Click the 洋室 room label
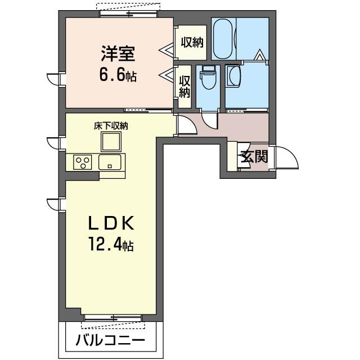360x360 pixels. point(119,55)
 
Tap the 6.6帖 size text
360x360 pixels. point(119,75)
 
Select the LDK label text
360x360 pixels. point(110,224)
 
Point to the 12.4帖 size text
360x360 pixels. point(110,246)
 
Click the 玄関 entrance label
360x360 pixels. point(254,157)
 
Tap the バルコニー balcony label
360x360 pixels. point(110,340)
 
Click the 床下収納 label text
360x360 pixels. point(110,126)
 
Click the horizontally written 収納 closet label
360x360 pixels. point(192,42)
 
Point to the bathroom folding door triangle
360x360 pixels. point(259,56)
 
